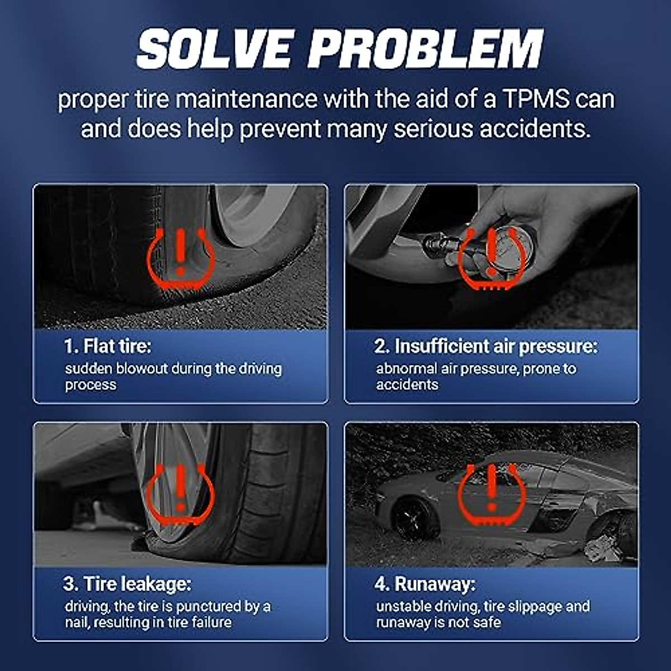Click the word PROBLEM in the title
(x=425, y=49)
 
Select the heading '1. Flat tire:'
(x=107, y=346)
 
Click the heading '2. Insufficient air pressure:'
(x=486, y=346)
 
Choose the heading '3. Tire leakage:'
(x=127, y=584)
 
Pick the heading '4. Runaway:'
(x=424, y=584)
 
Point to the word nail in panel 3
(x=77, y=622)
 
